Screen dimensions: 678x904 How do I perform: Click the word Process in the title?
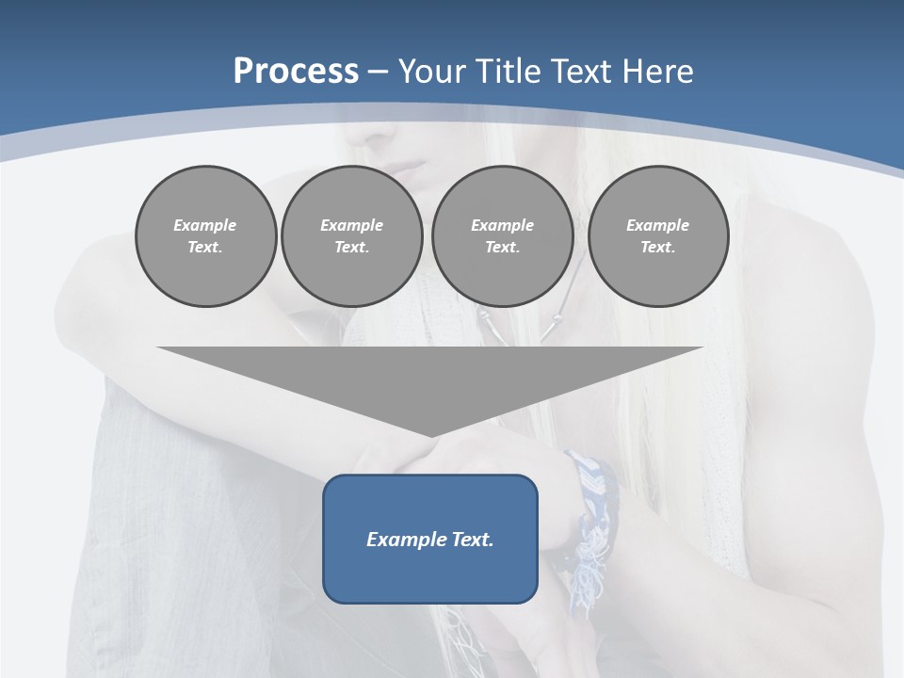point(296,72)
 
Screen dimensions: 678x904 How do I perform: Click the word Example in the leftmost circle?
point(205,225)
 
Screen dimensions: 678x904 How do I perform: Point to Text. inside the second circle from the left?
point(351,248)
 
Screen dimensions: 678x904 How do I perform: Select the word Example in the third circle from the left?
point(502,225)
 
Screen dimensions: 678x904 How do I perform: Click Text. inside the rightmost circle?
point(658,248)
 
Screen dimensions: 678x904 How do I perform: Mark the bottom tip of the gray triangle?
point(431,435)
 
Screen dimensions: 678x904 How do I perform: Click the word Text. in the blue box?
point(470,540)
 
